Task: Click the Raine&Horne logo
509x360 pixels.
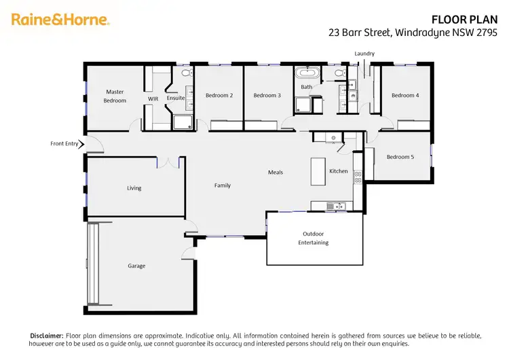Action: coord(60,20)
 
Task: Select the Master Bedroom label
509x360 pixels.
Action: coord(115,96)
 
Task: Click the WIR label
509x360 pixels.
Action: coord(153,98)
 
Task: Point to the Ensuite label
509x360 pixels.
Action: coord(176,98)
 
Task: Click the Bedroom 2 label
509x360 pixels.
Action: coord(219,95)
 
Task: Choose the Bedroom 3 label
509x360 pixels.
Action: coord(267,95)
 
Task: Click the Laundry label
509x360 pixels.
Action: coord(364,54)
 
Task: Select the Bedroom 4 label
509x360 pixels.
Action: coord(405,95)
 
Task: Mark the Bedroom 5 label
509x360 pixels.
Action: coord(400,157)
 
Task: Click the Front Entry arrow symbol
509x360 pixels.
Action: coord(81,144)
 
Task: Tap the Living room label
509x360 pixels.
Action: coord(134,188)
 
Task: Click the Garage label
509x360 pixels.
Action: coord(136,266)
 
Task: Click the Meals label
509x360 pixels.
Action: coord(275,173)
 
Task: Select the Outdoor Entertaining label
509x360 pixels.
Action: coord(315,238)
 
